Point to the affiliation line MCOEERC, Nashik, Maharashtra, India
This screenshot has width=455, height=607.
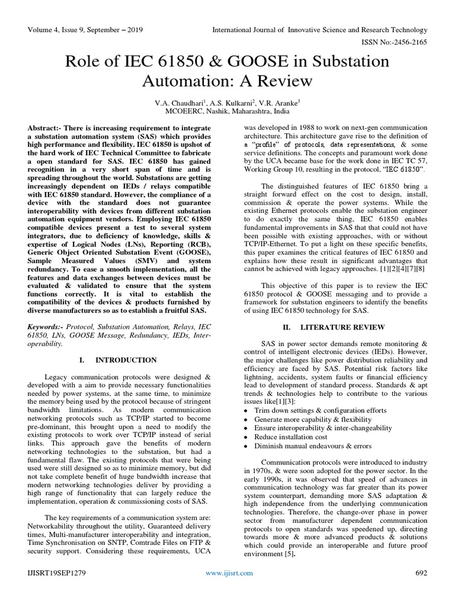click(x=227, y=111)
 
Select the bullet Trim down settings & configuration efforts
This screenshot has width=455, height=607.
click(x=320, y=410)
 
